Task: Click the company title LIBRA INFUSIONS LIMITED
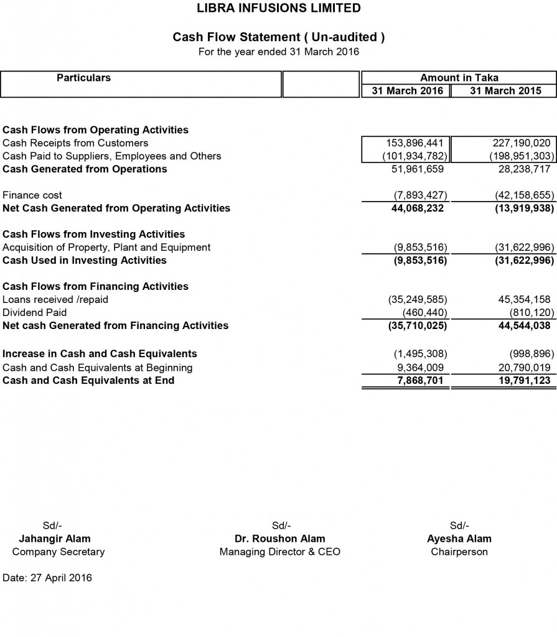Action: click(x=278, y=8)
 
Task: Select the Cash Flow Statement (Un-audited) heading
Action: click(x=278, y=37)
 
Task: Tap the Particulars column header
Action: click(x=84, y=78)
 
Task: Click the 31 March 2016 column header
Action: click(x=407, y=91)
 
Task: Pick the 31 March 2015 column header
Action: click(x=505, y=91)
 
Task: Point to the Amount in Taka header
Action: click(x=459, y=78)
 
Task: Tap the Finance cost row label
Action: click(x=32, y=195)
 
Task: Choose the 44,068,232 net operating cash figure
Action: click(x=418, y=208)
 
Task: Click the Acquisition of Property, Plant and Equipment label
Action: click(x=106, y=248)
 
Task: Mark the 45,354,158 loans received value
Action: click(x=524, y=300)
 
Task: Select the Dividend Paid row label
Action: click(x=34, y=312)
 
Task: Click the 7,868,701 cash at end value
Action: click(x=421, y=380)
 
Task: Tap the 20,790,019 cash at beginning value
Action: click(x=524, y=368)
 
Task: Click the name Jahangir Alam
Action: click(x=55, y=539)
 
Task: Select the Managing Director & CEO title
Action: click(x=280, y=552)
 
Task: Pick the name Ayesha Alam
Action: click(x=459, y=539)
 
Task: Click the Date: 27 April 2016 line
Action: click(x=47, y=578)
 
